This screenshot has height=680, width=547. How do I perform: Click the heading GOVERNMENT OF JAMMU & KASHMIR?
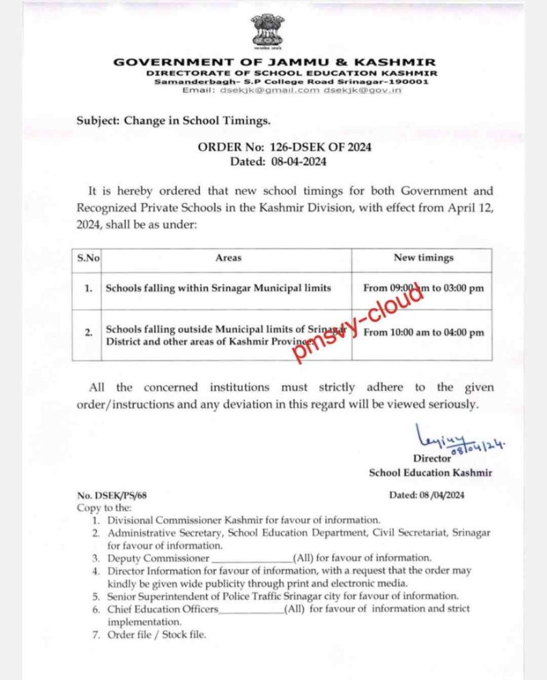coord(276,62)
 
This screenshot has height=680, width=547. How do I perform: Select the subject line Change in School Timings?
coord(173,121)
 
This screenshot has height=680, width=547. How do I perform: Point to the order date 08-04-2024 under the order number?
coord(298,161)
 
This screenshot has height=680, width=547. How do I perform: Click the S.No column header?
coord(86,258)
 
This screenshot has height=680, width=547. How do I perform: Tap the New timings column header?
coord(423,258)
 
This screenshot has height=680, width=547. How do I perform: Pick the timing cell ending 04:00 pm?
coord(423,333)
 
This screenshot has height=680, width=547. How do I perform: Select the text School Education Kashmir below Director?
coord(431,472)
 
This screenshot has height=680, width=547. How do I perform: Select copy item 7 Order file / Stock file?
coord(157,635)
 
